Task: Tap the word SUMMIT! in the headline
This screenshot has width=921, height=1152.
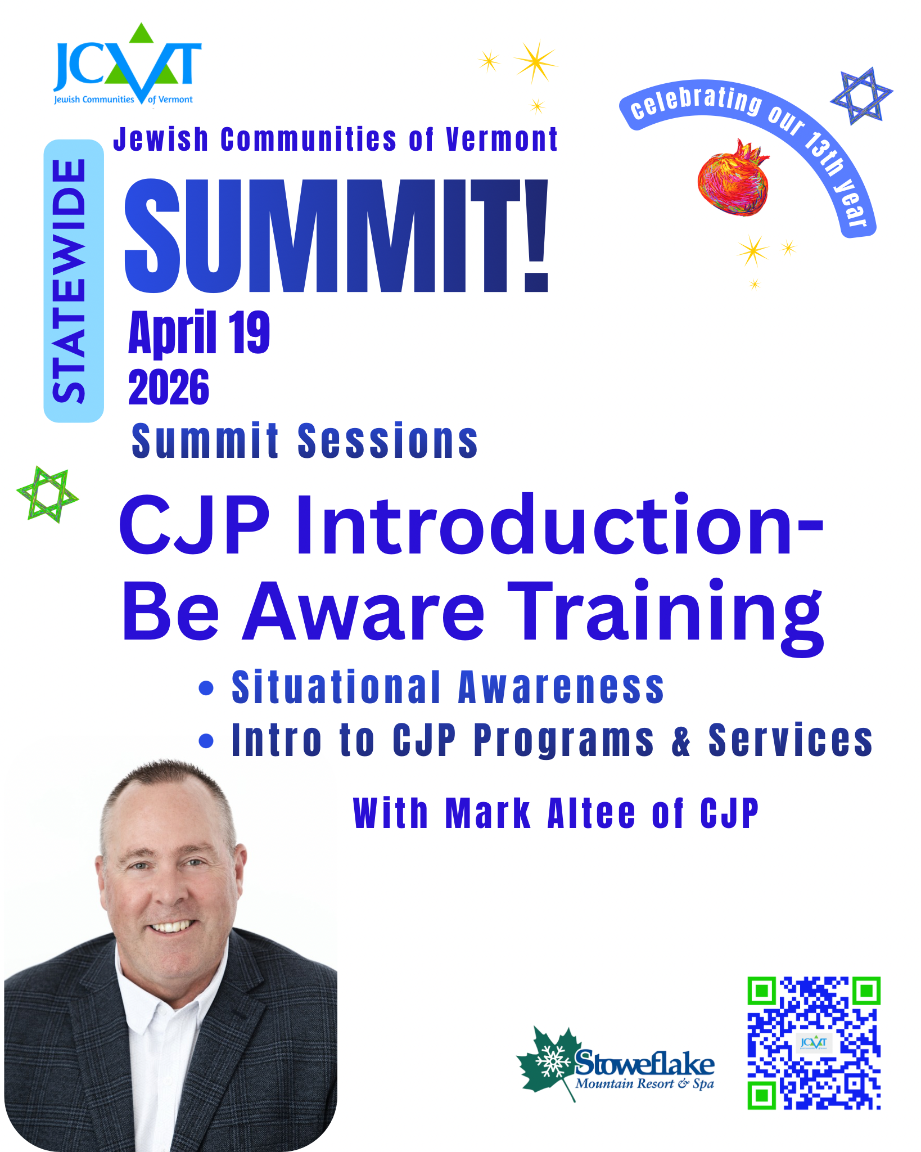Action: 336,236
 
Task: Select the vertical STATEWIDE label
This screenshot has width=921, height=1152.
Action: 73,281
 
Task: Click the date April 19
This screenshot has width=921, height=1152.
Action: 199,333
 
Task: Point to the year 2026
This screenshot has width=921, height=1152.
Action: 169,388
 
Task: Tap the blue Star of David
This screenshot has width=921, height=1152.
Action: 861,96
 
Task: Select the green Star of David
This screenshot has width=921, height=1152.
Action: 47,494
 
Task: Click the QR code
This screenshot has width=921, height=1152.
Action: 813,1043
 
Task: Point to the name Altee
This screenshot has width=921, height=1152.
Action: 592,814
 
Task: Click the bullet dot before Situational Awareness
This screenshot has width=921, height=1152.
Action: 206,688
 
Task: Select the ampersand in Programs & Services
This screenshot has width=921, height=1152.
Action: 681,741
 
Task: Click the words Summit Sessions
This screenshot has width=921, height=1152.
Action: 304,441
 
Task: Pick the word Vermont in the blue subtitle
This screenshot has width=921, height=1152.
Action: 502,139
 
